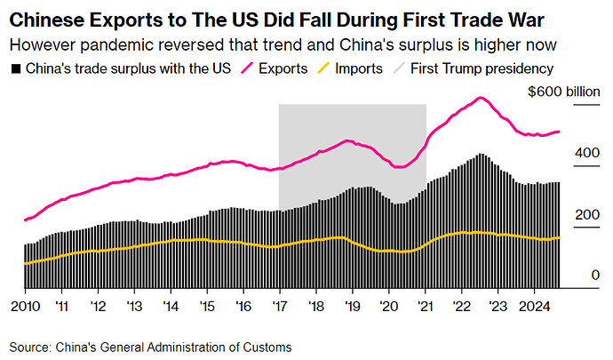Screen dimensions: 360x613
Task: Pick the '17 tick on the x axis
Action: tap(280, 306)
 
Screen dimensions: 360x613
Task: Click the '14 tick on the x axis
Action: tap(171, 306)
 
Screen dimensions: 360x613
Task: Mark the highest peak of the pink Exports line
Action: tap(481, 98)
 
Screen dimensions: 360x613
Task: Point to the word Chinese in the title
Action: tap(44, 19)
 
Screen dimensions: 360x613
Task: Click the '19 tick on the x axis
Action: tap(353, 306)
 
